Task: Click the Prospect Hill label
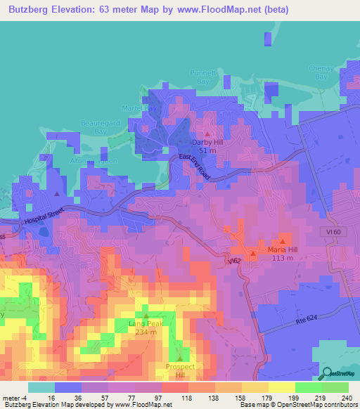coord(179,370)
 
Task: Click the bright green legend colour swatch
coord(309,387)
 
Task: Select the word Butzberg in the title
coord(34,11)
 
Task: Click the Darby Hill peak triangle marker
coord(207,133)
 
